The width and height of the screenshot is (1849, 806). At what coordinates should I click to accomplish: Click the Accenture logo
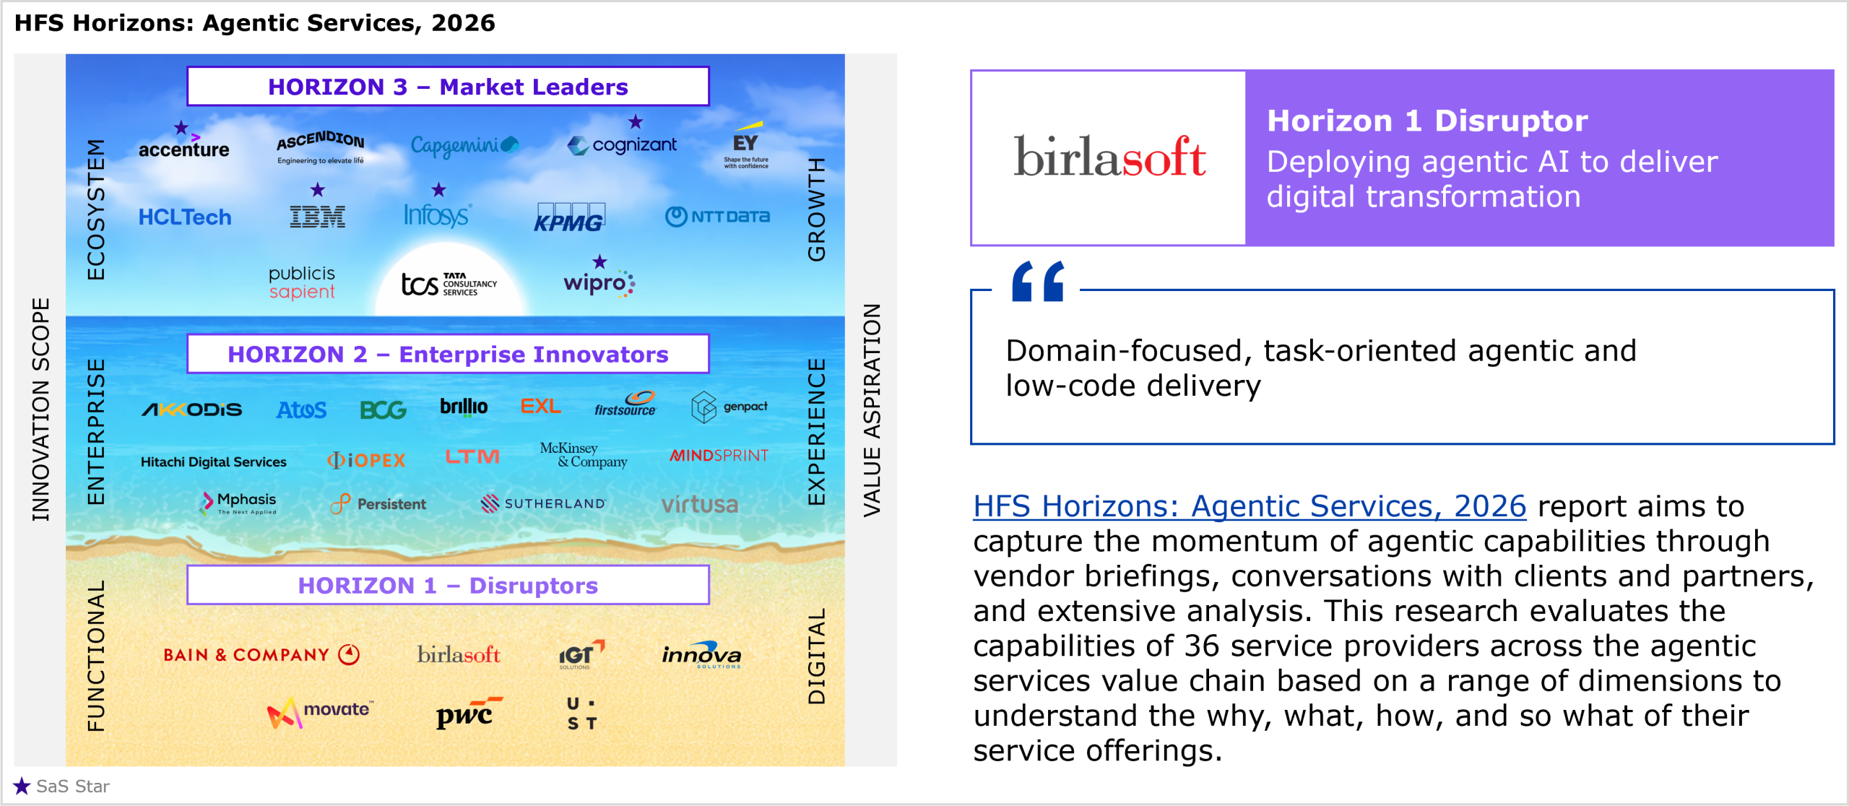(x=183, y=149)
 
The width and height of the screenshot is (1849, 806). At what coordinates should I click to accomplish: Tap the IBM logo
(x=317, y=217)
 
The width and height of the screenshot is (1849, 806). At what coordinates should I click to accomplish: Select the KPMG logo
(x=569, y=217)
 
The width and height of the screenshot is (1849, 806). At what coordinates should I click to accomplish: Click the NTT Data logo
(x=717, y=216)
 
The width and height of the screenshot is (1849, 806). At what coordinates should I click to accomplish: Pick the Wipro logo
(x=599, y=283)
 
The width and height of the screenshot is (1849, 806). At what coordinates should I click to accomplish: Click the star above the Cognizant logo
(x=635, y=121)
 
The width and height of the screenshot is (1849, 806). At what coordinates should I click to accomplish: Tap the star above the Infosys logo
(x=438, y=190)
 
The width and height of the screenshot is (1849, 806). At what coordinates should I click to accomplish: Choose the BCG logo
(x=383, y=410)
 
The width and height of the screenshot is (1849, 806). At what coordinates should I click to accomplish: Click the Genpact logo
(x=729, y=407)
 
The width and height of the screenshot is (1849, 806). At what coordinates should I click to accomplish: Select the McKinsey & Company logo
(x=584, y=455)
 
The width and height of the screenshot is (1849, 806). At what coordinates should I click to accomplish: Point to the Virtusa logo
(x=699, y=503)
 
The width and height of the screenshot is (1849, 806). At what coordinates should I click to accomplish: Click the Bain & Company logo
(x=261, y=654)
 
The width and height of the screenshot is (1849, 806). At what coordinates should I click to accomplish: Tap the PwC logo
(x=469, y=713)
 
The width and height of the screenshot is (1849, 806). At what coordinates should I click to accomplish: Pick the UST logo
(x=581, y=714)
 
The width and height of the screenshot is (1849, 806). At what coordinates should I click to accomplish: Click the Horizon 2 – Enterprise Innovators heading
(x=448, y=354)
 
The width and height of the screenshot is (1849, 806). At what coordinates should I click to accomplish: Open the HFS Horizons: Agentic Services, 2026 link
(x=1250, y=506)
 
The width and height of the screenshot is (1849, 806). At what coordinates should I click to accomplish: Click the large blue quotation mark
(x=1038, y=281)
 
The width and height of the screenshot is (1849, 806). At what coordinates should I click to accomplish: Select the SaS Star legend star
(x=22, y=786)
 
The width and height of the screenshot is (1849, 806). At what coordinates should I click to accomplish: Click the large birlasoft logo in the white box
(x=1109, y=156)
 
